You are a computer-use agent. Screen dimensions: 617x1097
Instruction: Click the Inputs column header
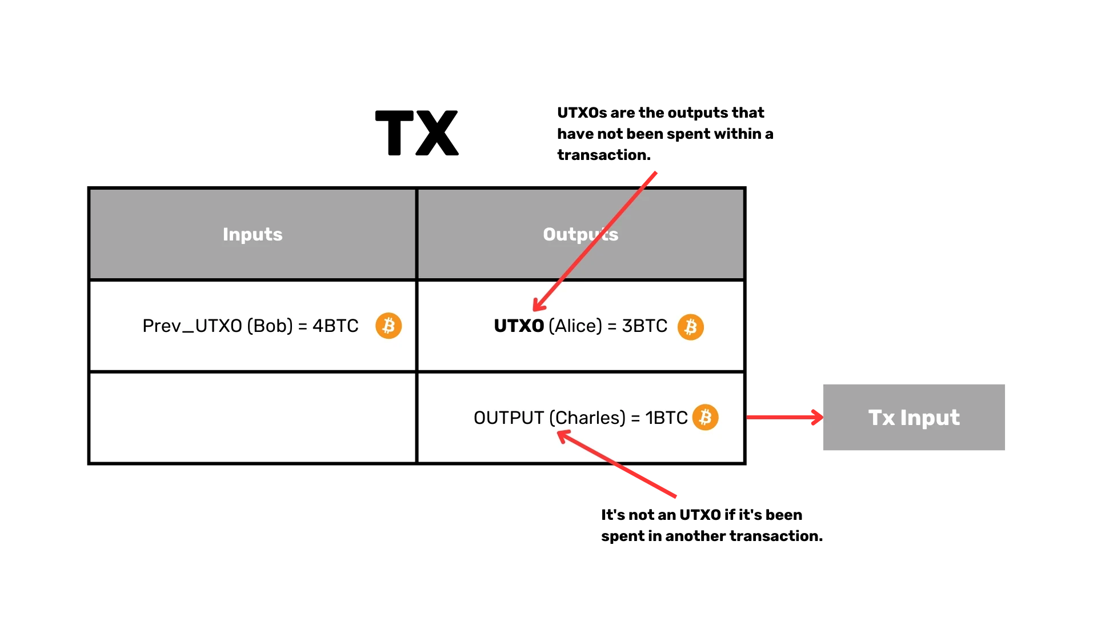(x=253, y=234)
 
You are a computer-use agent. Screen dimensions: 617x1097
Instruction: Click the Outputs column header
(x=580, y=234)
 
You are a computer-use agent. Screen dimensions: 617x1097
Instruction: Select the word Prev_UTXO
(x=192, y=326)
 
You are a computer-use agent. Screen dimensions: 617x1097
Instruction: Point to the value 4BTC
(x=335, y=326)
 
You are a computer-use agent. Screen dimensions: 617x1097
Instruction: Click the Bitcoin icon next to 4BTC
(x=389, y=326)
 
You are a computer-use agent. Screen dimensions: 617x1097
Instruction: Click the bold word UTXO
(x=519, y=326)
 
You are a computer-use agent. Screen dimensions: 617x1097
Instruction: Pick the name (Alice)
(x=575, y=326)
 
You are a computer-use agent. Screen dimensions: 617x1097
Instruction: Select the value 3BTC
(x=644, y=326)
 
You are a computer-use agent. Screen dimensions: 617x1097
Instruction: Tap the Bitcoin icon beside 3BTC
(x=691, y=327)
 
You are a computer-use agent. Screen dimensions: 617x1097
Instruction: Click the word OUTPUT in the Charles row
(x=509, y=418)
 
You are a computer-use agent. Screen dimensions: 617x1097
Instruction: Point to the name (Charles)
(x=587, y=418)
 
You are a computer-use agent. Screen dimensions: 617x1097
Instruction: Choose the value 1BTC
(x=666, y=418)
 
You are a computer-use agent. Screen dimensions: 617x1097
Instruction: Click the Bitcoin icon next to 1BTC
(x=706, y=417)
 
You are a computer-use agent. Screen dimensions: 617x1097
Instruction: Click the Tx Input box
(x=914, y=418)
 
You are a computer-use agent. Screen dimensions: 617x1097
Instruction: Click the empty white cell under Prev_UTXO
(x=253, y=418)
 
